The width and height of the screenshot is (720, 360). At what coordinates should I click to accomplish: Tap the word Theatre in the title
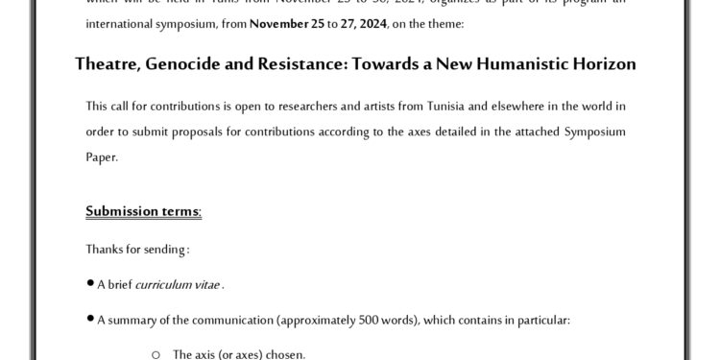coord(108,64)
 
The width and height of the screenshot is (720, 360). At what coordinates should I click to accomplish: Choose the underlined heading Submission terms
coord(143,210)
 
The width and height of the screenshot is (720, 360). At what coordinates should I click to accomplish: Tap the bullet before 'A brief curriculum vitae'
coord(89,284)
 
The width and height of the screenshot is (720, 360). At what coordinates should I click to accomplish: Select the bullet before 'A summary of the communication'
coord(89,320)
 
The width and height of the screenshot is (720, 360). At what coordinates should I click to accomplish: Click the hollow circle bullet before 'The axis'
coord(156,354)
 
